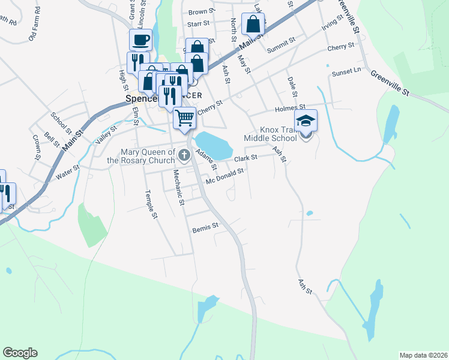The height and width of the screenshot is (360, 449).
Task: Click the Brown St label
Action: [201, 11]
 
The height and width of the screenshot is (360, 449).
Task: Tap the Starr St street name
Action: [197, 24]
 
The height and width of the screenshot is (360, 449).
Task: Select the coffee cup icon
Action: [140, 40]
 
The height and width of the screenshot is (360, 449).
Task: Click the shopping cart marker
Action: [185, 117]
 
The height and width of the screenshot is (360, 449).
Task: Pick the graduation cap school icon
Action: [306, 121]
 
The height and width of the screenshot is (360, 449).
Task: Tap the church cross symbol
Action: [184, 156]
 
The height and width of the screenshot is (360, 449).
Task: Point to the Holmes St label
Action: [291, 108]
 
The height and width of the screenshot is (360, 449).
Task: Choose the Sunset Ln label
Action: [346, 72]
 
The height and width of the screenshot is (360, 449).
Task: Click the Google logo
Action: [20, 353]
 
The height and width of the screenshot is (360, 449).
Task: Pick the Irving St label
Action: [332, 23]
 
